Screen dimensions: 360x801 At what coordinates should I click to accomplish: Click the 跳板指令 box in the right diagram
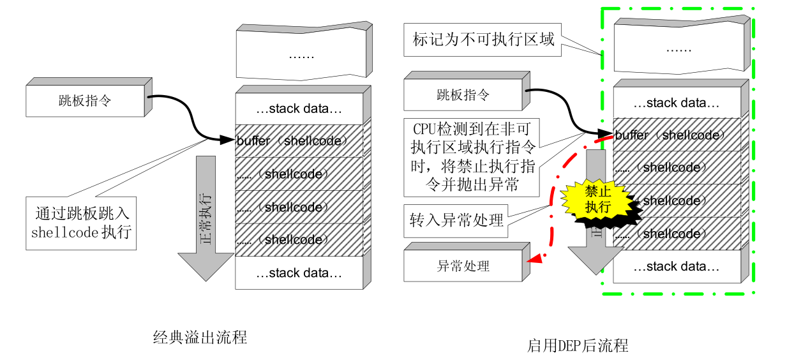pos(463,96)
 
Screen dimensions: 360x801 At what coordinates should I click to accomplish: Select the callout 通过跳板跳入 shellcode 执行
pos(82,223)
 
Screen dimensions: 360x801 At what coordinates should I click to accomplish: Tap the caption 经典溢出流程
pos(200,337)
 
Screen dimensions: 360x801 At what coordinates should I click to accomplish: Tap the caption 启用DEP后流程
pos(578,345)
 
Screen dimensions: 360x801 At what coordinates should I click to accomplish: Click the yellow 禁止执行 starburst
pos(597,199)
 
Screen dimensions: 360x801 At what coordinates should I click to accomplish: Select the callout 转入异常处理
pos(456,221)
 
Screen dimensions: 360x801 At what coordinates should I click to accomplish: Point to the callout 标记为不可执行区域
pos(483,40)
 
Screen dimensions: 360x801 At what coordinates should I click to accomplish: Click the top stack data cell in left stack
pos(299,109)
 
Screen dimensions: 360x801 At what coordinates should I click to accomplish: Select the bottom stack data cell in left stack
pos(299,273)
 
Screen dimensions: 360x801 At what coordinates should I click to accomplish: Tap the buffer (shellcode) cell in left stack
pos(299,141)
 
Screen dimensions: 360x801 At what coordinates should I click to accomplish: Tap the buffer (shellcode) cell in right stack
pos(677,135)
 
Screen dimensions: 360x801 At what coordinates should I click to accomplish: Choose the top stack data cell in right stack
pos(677,103)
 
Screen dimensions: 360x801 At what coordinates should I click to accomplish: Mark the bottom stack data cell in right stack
pos(677,266)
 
